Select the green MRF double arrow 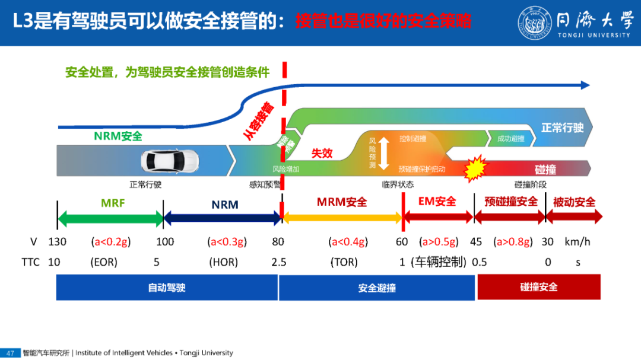click(110, 219)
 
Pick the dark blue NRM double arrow click(222, 219)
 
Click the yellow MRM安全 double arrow click(342, 218)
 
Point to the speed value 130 click(57, 242)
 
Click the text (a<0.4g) click(348, 242)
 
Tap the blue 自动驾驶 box click(167, 288)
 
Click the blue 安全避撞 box click(377, 288)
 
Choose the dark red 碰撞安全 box click(539, 288)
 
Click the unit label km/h click(578, 242)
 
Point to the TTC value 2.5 click(278, 262)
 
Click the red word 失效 click(322, 153)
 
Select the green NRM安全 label click(118, 136)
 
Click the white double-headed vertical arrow click(383, 153)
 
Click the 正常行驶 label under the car click(146, 184)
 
